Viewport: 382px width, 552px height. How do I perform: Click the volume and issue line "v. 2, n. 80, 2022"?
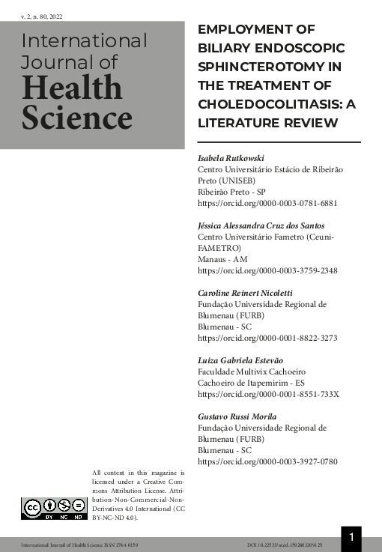pyautogui.click(x=41, y=15)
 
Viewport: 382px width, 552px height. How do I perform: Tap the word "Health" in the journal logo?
pyautogui.click(x=72, y=88)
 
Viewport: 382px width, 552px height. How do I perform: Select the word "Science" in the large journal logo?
pyautogui.click(x=77, y=118)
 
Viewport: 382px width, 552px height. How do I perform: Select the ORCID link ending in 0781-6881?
pyautogui.click(x=267, y=202)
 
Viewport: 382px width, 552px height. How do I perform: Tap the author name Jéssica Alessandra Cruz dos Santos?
pyautogui.click(x=261, y=225)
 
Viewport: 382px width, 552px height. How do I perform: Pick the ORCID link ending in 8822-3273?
pyautogui.click(x=267, y=337)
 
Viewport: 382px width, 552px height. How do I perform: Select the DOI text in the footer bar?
pyautogui.click(x=285, y=545)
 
